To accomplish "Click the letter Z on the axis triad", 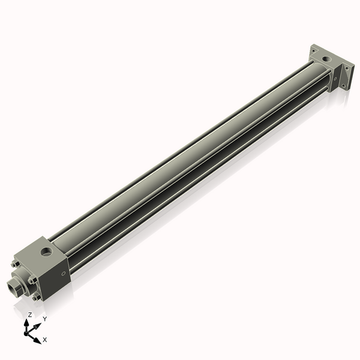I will [x=30, y=314].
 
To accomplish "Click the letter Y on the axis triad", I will [x=44, y=319].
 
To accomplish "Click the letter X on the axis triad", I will [x=45, y=340].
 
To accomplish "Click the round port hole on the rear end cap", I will [x=325, y=60].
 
